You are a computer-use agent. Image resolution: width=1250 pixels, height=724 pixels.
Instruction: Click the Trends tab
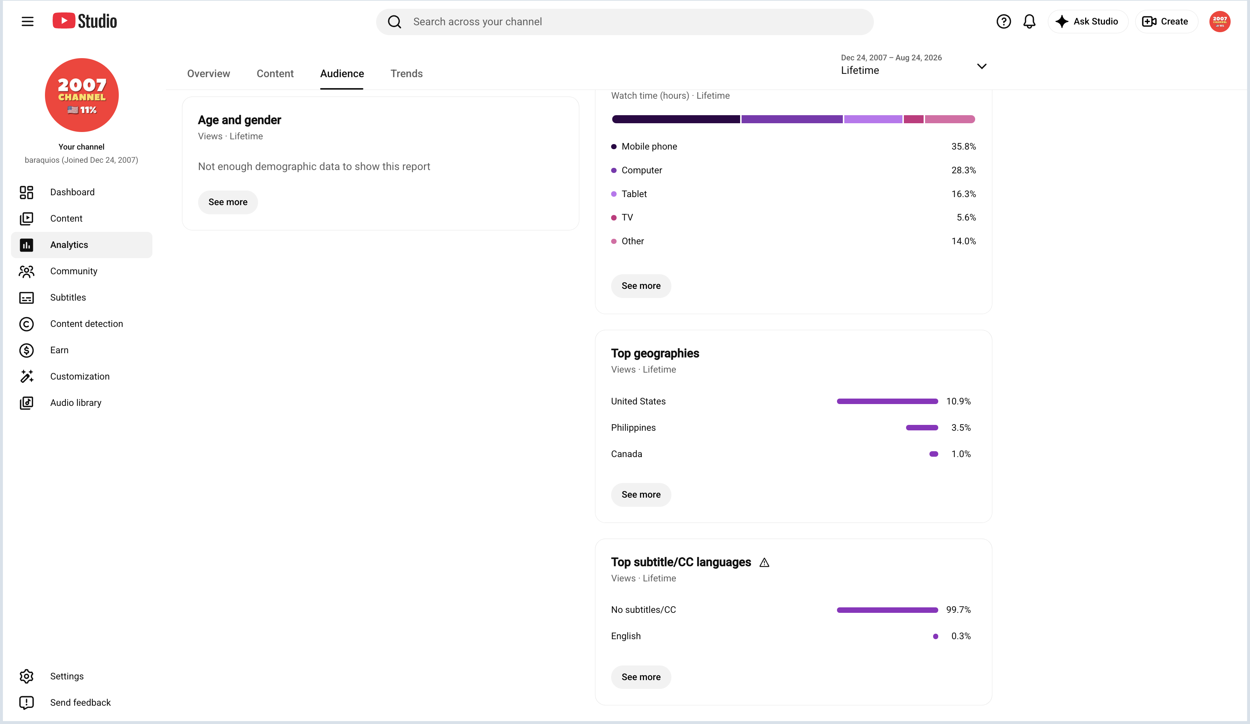pyautogui.click(x=406, y=73)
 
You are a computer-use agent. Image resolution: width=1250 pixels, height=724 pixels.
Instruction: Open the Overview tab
pyautogui.click(x=208, y=73)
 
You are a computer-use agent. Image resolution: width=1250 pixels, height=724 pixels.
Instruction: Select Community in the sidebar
pyautogui.click(x=73, y=271)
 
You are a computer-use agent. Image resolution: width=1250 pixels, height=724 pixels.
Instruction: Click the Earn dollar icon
pyautogui.click(x=26, y=350)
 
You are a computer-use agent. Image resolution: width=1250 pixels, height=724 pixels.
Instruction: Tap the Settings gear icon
pyautogui.click(x=26, y=676)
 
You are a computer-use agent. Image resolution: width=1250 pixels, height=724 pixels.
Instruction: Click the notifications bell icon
pyautogui.click(x=1029, y=21)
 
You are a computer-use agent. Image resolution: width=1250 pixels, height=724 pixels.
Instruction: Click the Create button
pyautogui.click(x=1166, y=21)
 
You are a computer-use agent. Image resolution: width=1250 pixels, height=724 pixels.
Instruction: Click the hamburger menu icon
pyautogui.click(x=28, y=21)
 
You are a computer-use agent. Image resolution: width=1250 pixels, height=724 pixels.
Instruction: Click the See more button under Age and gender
pyautogui.click(x=228, y=202)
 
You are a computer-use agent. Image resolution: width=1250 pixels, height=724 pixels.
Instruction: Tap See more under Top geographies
pyautogui.click(x=641, y=495)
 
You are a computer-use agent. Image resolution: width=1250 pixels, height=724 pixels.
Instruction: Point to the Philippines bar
pyautogui.click(x=922, y=428)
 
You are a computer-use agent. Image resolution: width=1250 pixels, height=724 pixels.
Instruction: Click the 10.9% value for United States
pyautogui.click(x=958, y=401)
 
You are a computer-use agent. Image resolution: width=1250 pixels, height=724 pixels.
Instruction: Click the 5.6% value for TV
pyautogui.click(x=966, y=217)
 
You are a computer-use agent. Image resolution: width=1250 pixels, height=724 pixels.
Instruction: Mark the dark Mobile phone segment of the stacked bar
pyautogui.click(x=675, y=119)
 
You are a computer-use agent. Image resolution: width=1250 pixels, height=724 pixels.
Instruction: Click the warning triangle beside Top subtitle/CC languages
pyautogui.click(x=764, y=563)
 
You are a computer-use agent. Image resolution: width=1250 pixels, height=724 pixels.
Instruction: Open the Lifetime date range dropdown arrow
pyautogui.click(x=982, y=66)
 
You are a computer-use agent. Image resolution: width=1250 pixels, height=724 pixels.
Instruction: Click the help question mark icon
pyautogui.click(x=1004, y=21)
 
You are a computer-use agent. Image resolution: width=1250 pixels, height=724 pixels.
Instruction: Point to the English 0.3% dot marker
pyautogui.click(x=936, y=637)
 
